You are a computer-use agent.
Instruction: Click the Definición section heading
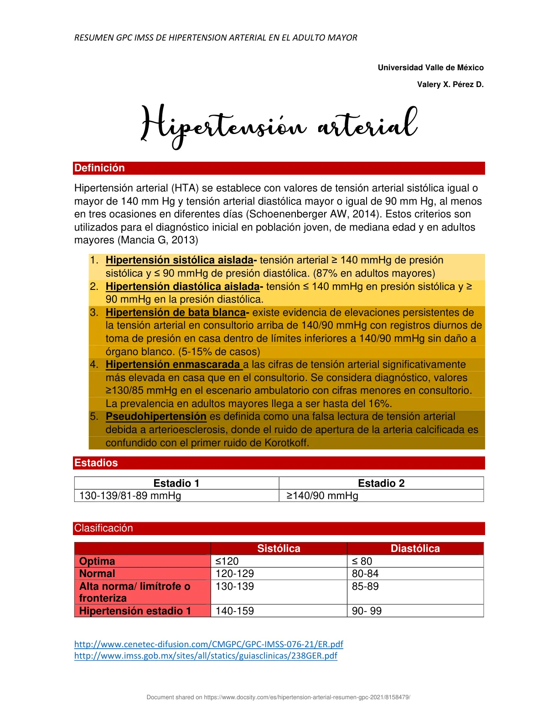pyautogui.click(x=99, y=168)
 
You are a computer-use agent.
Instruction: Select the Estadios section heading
pyautogui.click(x=96, y=463)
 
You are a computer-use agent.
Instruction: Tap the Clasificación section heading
pyautogui.click(x=103, y=528)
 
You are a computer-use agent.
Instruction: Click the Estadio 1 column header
pyautogui.click(x=176, y=483)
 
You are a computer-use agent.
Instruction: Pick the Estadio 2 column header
pyautogui.click(x=381, y=483)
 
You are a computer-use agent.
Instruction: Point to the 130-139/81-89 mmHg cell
pyautogui.click(x=130, y=496)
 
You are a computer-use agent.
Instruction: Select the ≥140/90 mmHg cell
pyautogui.click(x=322, y=496)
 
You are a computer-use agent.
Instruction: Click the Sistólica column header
pyautogui.click(x=279, y=549)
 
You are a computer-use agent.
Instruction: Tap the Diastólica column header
pyautogui.click(x=415, y=549)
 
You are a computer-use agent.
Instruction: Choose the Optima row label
pyautogui.click(x=97, y=562)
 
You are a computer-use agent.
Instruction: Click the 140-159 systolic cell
pyautogui.click(x=235, y=611)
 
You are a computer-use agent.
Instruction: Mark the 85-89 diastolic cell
pyautogui.click(x=365, y=587)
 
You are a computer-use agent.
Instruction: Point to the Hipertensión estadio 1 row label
pyautogui.click(x=135, y=611)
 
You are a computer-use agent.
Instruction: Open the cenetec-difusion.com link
pyautogui.click(x=208, y=645)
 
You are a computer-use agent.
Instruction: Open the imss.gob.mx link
pyautogui.click(x=206, y=656)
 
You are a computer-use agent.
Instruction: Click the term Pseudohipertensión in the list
pyautogui.click(x=156, y=417)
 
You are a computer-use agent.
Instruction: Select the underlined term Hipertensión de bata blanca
pyautogui.click(x=176, y=313)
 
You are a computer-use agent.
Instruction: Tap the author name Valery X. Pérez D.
pyautogui.click(x=450, y=84)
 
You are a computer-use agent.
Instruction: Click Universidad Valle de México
pyautogui.click(x=430, y=67)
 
